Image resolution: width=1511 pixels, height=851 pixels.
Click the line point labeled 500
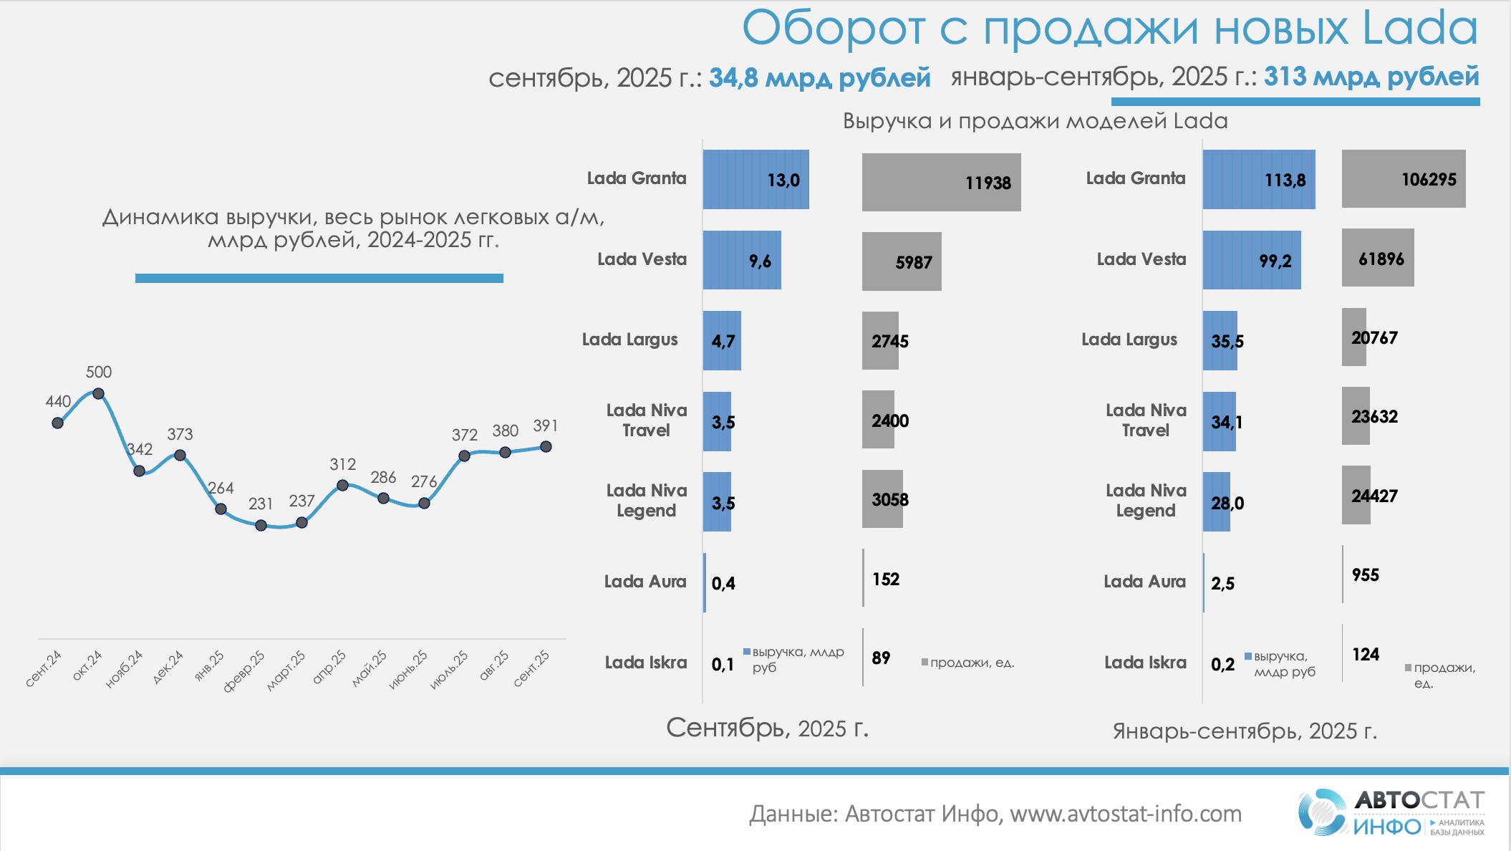(99, 393)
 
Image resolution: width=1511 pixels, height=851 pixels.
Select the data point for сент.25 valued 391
(546, 446)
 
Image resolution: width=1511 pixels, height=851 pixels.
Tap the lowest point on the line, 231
(261, 525)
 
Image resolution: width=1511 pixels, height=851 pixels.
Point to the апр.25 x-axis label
(329, 667)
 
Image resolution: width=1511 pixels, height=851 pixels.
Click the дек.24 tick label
(168, 667)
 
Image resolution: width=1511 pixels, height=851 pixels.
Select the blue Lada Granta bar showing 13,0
(755, 180)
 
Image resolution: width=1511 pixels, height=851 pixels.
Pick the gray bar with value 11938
(941, 183)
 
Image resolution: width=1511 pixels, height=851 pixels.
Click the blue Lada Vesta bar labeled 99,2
(1251, 260)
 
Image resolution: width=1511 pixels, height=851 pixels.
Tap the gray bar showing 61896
(1377, 258)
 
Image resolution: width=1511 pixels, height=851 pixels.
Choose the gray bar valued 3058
(882, 499)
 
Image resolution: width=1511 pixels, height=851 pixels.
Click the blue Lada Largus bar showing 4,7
(722, 341)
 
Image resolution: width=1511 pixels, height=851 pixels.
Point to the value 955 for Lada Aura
(1365, 575)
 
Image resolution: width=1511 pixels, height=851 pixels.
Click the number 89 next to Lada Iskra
(881, 658)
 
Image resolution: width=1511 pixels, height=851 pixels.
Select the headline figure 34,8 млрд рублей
(819, 77)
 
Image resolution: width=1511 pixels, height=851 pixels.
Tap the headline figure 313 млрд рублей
(1371, 76)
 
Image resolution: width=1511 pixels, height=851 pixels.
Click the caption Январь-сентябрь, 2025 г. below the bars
(1245, 731)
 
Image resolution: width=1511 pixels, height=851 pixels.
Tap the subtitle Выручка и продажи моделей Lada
(1035, 121)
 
